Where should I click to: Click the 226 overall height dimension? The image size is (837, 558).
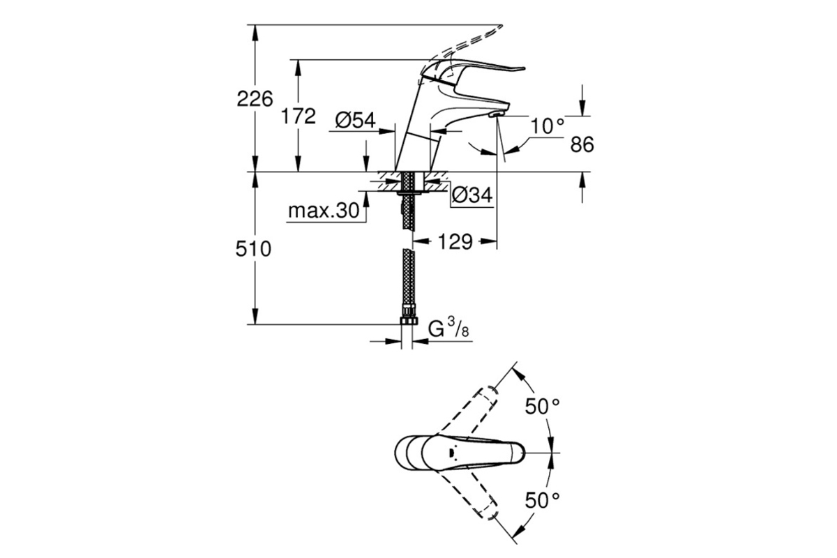tap(255, 100)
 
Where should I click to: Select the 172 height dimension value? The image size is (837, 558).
tap(299, 116)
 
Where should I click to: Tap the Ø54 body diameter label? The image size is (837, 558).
tap(355, 121)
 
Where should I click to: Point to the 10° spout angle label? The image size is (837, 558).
tap(547, 126)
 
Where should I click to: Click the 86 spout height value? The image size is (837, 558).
tap(582, 144)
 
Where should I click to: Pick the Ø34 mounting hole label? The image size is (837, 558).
tap(472, 195)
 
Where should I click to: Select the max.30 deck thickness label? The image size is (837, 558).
tap(324, 211)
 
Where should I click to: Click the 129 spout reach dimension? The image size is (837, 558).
tap(455, 242)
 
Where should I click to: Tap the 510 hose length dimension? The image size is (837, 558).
tap(253, 249)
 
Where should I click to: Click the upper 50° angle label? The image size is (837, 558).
tap(543, 406)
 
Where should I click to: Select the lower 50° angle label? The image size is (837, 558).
tap(543, 500)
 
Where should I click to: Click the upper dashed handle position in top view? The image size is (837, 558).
tap(469, 414)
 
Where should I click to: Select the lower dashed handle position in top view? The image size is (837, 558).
tap(469, 492)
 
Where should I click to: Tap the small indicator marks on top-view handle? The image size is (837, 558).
tap(451, 453)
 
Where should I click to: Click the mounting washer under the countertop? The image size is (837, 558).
tap(413, 193)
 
